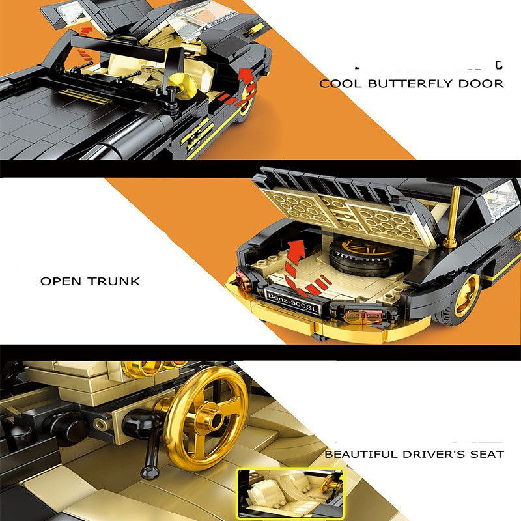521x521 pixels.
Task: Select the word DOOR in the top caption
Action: coord(481,83)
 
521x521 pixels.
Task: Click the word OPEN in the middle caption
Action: coord(61,281)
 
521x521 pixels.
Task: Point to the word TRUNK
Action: coord(114,281)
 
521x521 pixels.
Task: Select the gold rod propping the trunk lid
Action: coord(453,216)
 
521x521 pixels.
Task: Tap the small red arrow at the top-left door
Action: coord(87,32)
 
